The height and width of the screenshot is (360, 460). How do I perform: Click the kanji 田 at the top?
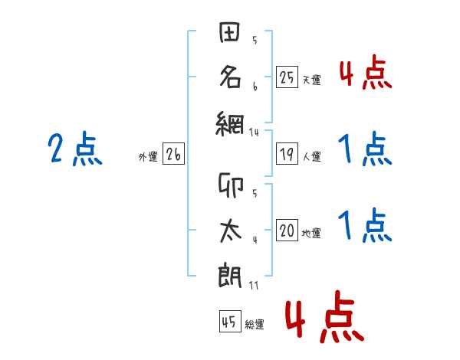[x=229, y=32]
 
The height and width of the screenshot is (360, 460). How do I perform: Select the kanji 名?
[x=230, y=77]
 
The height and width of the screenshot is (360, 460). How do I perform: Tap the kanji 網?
[x=230, y=124]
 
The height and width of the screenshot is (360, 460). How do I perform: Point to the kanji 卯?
[x=231, y=185]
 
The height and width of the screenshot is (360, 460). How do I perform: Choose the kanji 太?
[x=231, y=231]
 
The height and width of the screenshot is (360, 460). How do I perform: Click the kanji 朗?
[x=230, y=277]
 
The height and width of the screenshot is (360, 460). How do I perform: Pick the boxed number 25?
[x=287, y=77]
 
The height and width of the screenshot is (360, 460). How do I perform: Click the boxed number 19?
[x=287, y=154]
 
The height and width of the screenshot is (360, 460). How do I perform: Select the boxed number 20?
[x=287, y=230]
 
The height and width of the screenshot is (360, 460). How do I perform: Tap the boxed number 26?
[x=173, y=154]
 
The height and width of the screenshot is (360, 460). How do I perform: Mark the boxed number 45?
[x=230, y=321]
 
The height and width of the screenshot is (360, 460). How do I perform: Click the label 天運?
[x=312, y=80]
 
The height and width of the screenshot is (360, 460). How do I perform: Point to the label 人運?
[x=312, y=156]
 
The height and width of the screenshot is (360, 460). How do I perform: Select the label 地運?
[x=311, y=234]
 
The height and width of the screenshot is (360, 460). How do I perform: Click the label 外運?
[x=148, y=157]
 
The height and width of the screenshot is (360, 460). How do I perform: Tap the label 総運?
[x=255, y=325]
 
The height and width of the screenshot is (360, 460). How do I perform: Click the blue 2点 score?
[x=75, y=149]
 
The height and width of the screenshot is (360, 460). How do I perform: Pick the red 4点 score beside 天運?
[x=366, y=72]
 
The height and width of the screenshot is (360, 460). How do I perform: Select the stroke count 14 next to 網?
[x=254, y=133]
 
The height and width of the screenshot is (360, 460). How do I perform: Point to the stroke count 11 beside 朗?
[x=254, y=286]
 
